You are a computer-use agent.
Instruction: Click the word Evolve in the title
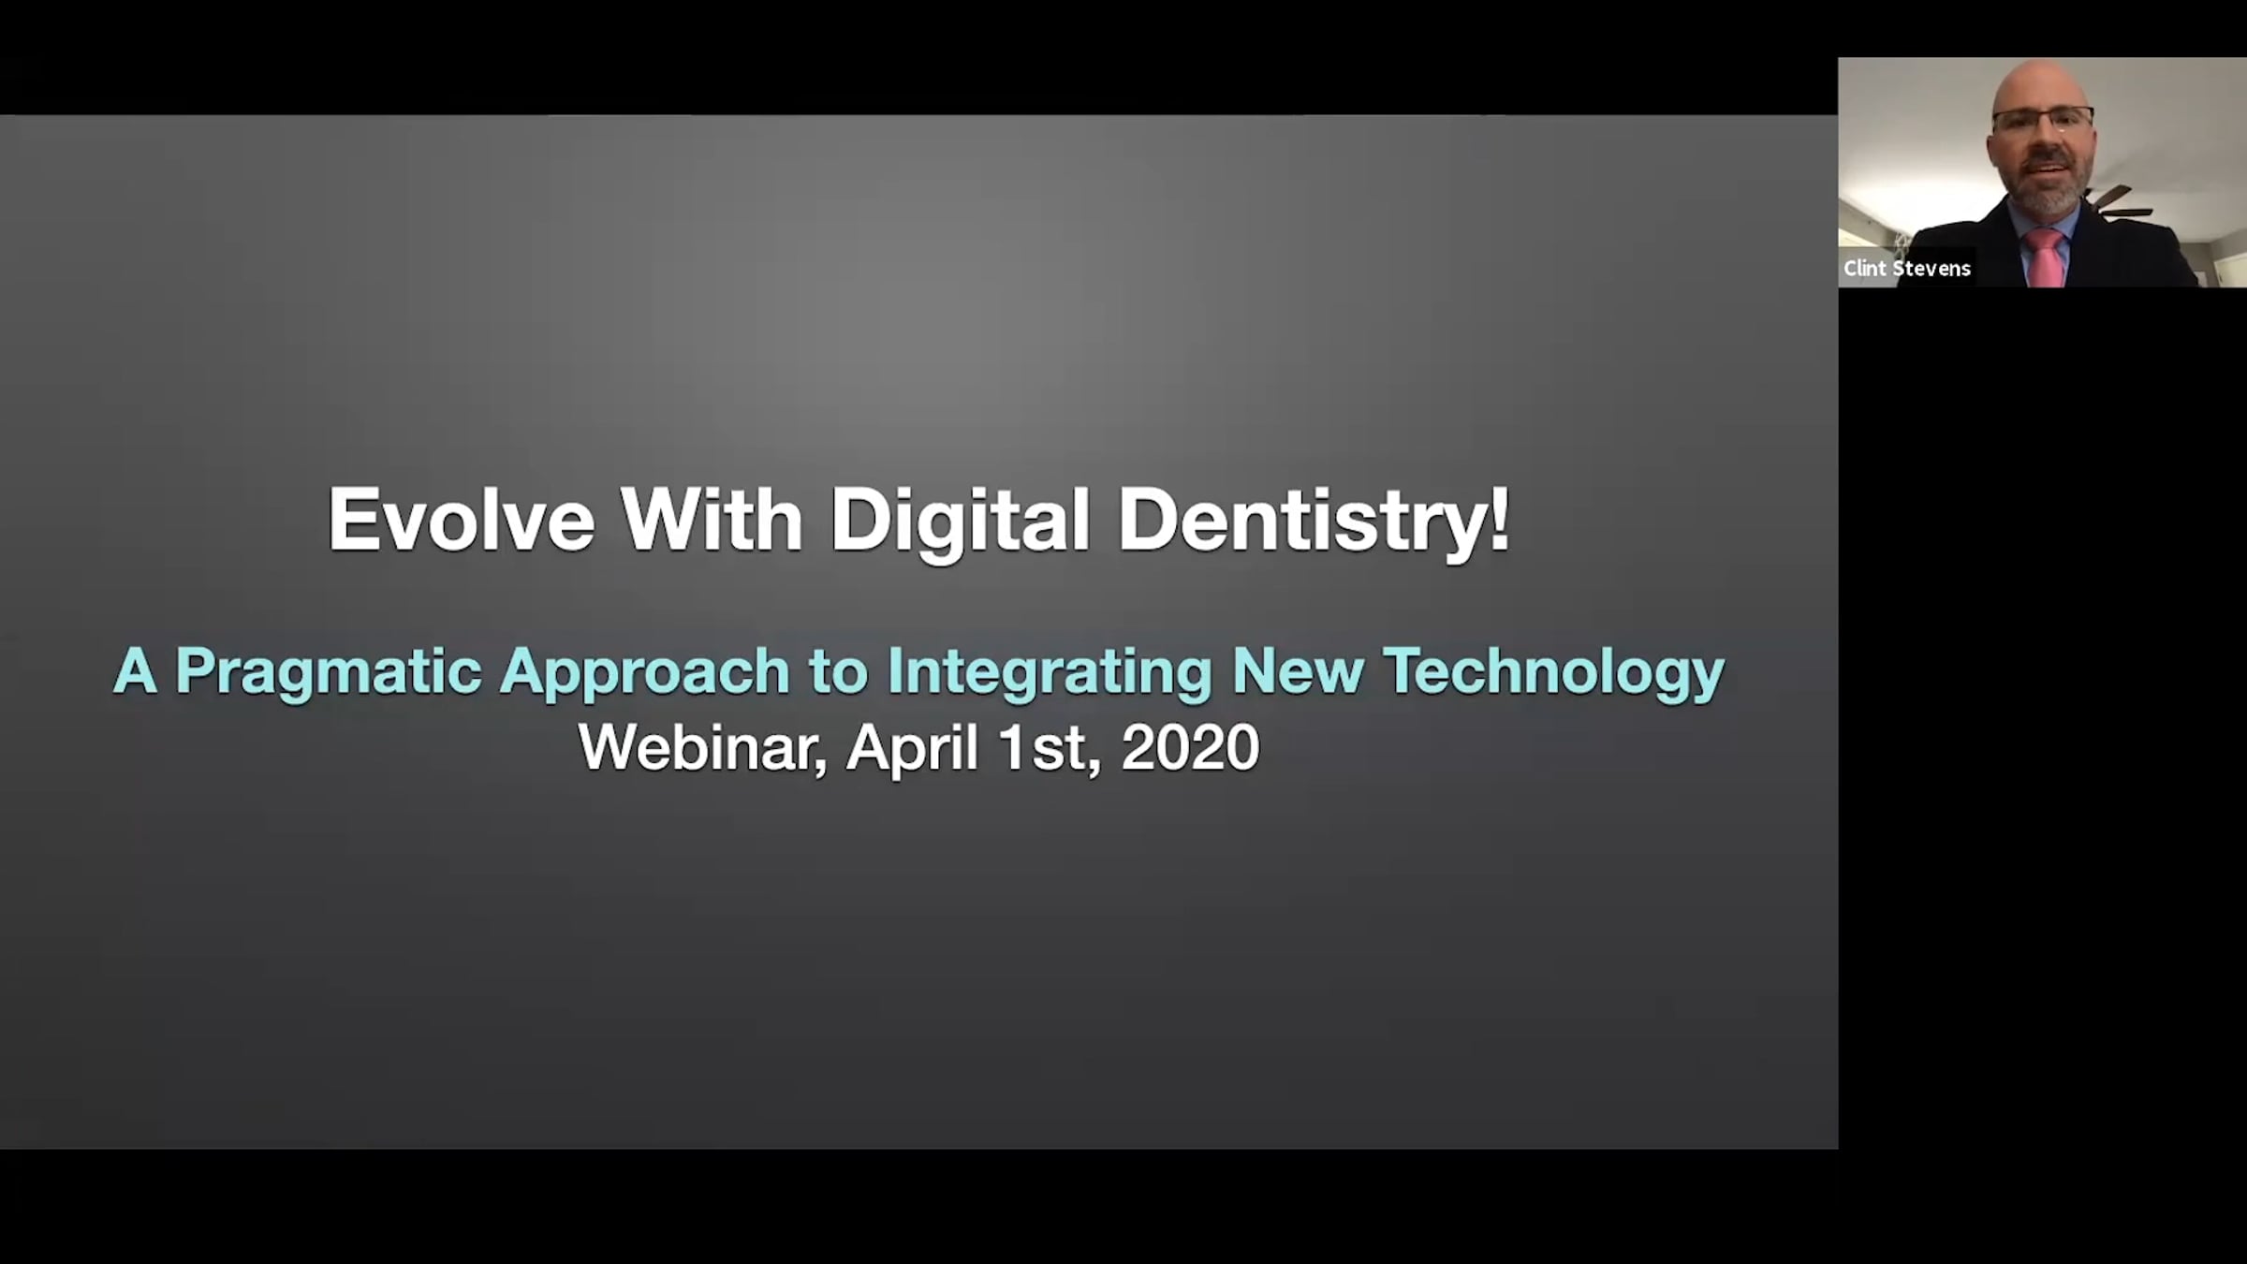pyautogui.click(x=461, y=520)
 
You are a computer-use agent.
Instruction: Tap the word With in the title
pyautogui.click(x=712, y=520)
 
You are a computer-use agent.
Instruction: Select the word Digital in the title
pyautogui.click(x=960, y=524)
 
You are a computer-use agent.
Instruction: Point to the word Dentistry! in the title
pyautogui.click(x=1314, y=524)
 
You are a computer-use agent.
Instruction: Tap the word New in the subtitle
pyautogui.click(x=1298, y=671)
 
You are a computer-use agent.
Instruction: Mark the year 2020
pyautogui.click(x=1190, y=748)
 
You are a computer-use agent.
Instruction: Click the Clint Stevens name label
pyautogui.click(x=1907, y=269)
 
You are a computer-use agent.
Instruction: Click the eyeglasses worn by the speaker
pyautogui.click(x=2043, y=120)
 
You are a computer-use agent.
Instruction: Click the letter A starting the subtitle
pyautogui.click(x=135, y=671)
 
